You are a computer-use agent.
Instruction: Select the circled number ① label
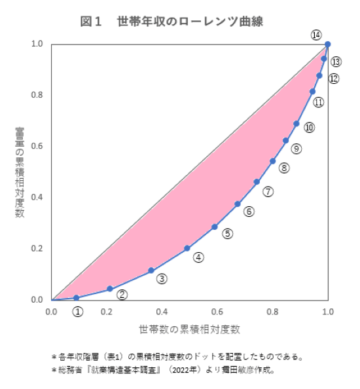tap(77, 311)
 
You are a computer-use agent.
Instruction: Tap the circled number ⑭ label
tap(317, 35)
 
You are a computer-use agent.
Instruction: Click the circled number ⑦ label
tap(268, 191)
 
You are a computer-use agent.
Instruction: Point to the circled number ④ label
tap(198, 258)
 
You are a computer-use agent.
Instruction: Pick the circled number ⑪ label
tap(319, 102)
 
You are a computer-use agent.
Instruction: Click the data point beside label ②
tap(110, 289)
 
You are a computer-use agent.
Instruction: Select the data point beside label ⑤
tap(215, 227)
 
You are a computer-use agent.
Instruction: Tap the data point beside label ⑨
tap(285, 141)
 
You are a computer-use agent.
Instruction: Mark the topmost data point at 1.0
tap(327, 45)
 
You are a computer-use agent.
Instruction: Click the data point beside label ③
tap(151, 270)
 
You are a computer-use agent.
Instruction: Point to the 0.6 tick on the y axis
tap(37, 146)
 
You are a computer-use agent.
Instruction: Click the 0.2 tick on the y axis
tap(37, 248)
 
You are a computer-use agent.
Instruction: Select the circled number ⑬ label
tap(336, 62)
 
